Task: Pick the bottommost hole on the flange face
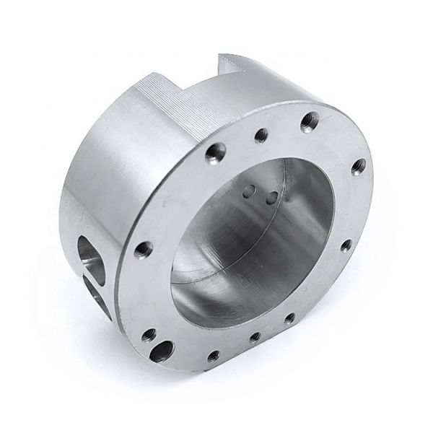point(213,357)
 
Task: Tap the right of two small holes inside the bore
point(271,196)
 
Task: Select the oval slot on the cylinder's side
point(90,253)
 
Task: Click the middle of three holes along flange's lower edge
point(254,336)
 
